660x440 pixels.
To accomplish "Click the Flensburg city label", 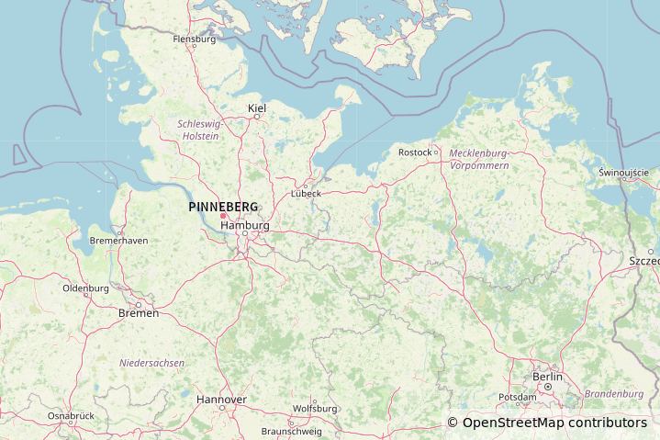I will pyautogui.click(x=195, y=39).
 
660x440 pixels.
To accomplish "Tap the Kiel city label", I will pyautogui.click(x=257, y=108).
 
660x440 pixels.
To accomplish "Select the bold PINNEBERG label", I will pyautogui.click(x=223, y=207).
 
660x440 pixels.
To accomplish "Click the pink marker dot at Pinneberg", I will pyautogui.click(x=223, y=216).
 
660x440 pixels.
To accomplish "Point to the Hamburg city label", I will pyautogui.click(x=245, y=225).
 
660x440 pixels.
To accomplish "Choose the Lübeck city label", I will pyautogui.click(x=306, y=193).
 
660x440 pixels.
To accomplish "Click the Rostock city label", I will pyautogui.click(x=415, y=152).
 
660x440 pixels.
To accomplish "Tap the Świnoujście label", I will pyautogui.click(x=623, y=172).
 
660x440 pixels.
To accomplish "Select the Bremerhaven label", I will pyautogui.click(x=118, y=241).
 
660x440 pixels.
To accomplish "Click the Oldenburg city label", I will pyautogui.click(x=85, y=288).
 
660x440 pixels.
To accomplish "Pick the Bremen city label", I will pyautogui.click(x=139, y=313).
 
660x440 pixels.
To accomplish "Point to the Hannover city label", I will pyautogui.click(x=221, y=400).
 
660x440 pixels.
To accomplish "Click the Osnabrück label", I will pyautogui.click(x=71, y=415).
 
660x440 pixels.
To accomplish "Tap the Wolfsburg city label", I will pyautogui.click(x=315, y=408).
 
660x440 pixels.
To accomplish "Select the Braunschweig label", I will pyautogui.click(x=291, y=431).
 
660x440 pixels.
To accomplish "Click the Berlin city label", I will pyautogui.click(x=547, y=377).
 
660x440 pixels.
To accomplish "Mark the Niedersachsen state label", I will pyautogui.click(x=151, y=363).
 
